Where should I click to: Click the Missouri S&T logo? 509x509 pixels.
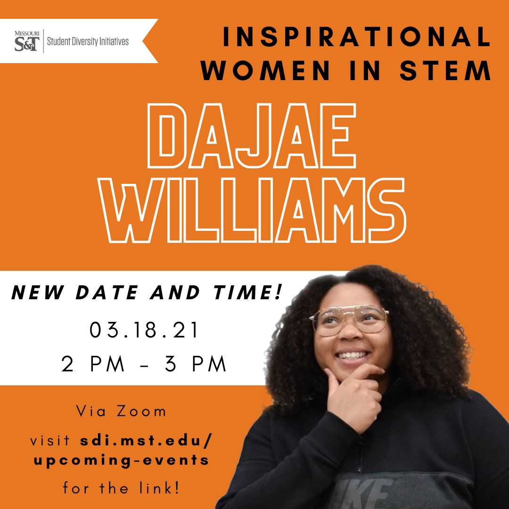tap(27, 41)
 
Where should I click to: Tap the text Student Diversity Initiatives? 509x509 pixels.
tap(88, 41)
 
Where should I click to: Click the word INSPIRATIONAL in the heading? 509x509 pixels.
tap(356, 37)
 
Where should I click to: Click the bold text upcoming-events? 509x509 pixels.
tap(122, 460)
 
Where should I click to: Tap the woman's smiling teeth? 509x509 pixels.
tap(352, 355)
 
